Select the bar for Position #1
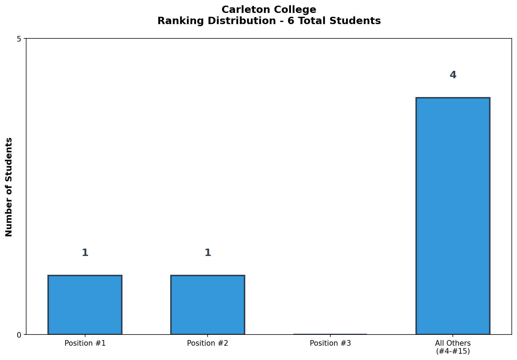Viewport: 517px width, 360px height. (85, 304)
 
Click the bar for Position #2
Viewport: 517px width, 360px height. (208, 304)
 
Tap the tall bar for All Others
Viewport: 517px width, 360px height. (453, 216)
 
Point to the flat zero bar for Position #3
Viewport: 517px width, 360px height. (330, 334)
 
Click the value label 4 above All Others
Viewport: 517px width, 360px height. (453, 75)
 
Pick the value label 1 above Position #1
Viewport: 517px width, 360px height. (85, 253)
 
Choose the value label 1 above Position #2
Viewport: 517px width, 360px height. (208, 253)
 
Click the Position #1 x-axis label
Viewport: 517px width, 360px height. (85, 343)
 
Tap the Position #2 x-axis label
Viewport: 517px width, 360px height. (208, 343)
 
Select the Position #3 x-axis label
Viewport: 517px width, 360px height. (330, 343)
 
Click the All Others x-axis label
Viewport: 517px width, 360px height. (453, 343)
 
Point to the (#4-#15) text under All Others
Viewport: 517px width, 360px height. (453, 351)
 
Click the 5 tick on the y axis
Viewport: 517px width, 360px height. (19, 39)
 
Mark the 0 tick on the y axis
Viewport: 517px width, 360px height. (19, 335)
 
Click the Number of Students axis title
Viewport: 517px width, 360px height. (9, 187)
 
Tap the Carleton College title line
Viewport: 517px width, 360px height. (269, 10)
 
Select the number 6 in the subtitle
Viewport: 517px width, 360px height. (290, 21)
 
